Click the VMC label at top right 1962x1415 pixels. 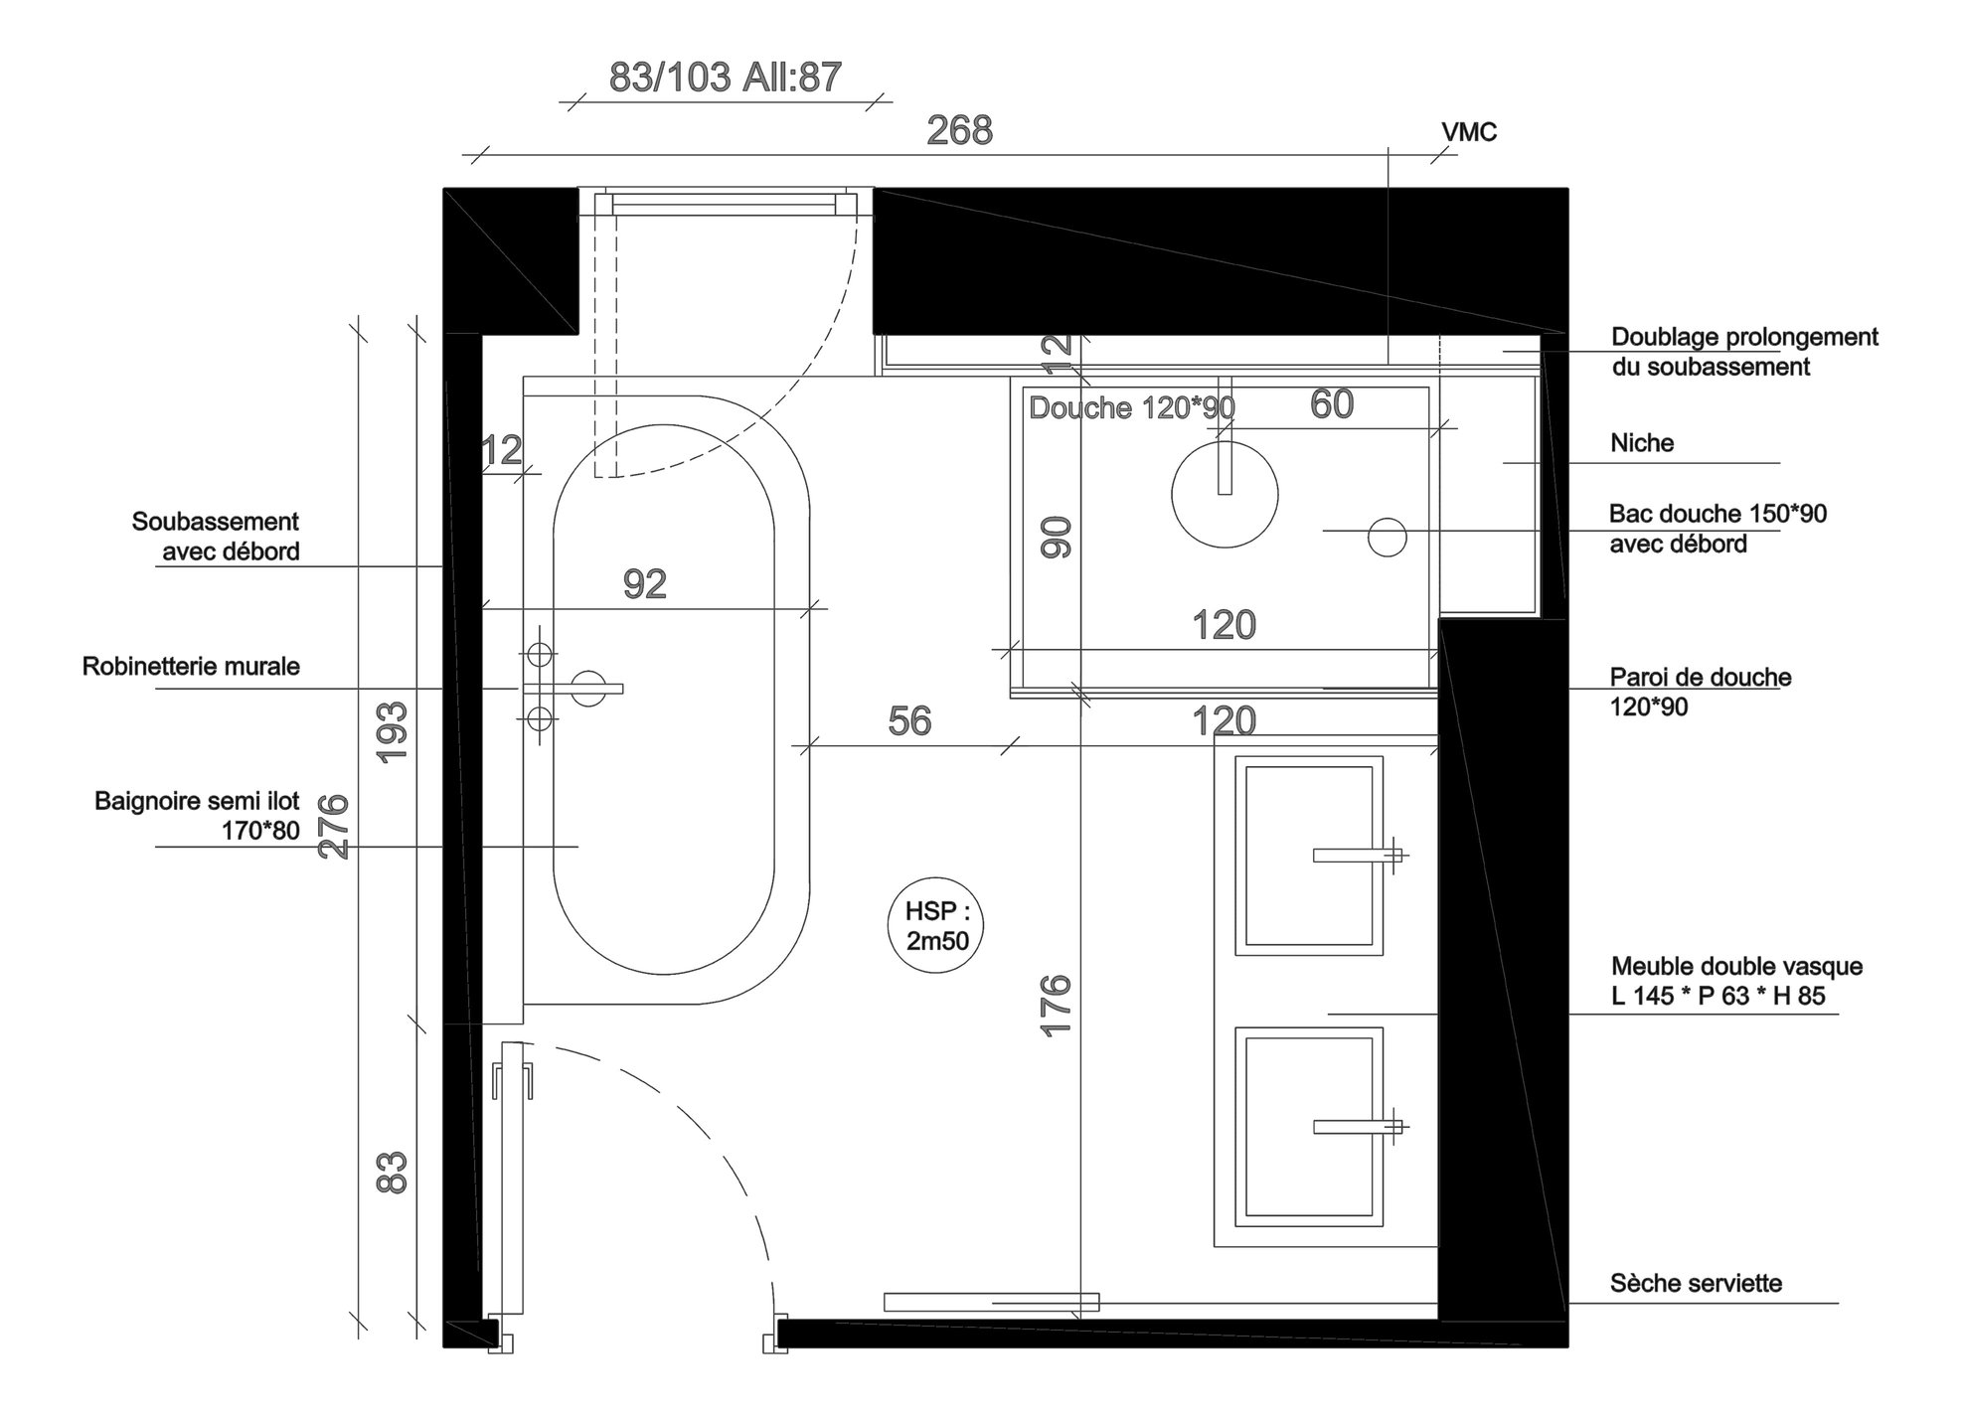click(1468, 132)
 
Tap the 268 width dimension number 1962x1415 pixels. click(959, 131)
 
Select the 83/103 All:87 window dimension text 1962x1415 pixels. click(725, 78)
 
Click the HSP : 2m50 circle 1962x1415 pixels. click(936, 925)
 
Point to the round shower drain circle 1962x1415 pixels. click(1387, 538)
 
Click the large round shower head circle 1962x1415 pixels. click(1224, 495)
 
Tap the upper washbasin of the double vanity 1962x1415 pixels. click(1308, 855)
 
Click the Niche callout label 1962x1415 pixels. click(1642, 443)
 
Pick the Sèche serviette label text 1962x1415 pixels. click(1696, 1284)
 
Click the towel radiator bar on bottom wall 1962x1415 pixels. click(991, 1302)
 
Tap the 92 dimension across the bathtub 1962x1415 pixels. click(644, 584)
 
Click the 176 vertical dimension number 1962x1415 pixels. click(1057, 1006)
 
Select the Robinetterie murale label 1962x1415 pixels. click(191, 667)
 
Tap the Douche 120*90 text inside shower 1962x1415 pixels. click(1131, 408)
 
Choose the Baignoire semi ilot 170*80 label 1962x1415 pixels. click(197, 816)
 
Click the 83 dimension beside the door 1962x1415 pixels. click(394, 1172)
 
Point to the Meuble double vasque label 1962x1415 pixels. click(1736, 981)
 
